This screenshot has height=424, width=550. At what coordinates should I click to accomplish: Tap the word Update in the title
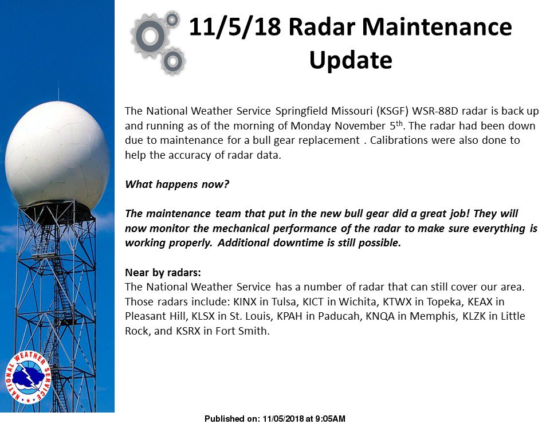(x=350, y=60)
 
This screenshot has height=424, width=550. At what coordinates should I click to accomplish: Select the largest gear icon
(x=150, y=36)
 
